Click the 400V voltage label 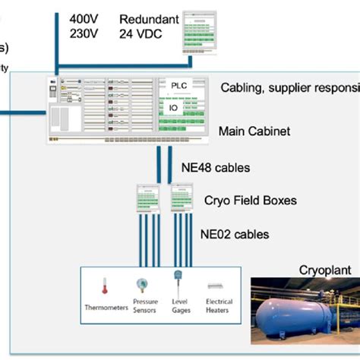84,18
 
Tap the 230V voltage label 84,33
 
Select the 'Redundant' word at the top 149,18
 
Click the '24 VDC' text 141,33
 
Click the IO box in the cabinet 172,108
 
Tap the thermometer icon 106,286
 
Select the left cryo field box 146,200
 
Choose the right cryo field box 182,200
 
